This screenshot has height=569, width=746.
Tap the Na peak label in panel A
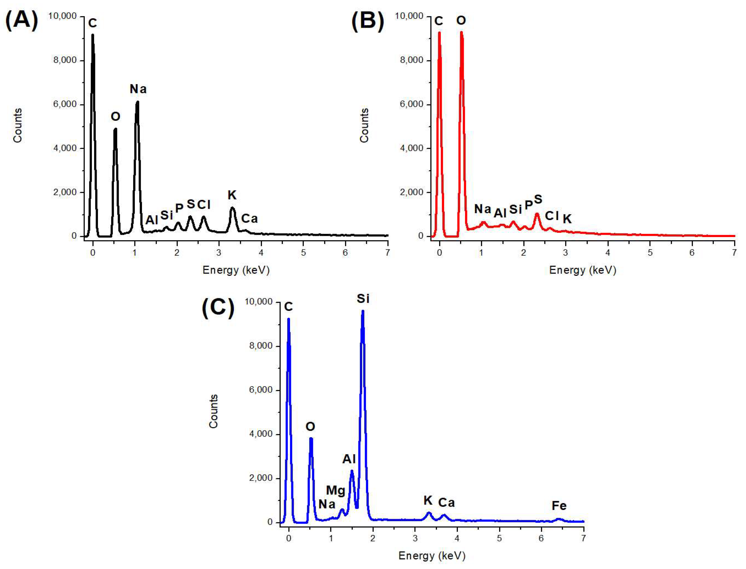point(138,89)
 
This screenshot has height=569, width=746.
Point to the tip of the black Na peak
point(137,102)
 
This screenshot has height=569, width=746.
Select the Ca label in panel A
point(249,219)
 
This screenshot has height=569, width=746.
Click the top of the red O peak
point(461,33)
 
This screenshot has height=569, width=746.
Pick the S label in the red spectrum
point(538,199)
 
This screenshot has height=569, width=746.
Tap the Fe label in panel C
point(559,506)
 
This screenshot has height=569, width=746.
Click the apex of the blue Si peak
point(363,311)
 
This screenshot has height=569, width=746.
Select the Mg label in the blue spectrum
point(335,490)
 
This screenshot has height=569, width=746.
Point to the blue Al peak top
point(352,471)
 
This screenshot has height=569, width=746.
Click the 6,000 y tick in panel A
point(65,104)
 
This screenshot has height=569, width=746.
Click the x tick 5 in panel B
point(650,252)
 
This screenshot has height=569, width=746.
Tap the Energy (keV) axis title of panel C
point(432,555)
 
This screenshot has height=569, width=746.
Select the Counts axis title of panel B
point(364,125)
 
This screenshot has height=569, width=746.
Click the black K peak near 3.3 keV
point(232,208)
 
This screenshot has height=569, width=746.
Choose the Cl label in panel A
point(204,205)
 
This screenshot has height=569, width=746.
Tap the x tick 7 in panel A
point(387,252)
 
